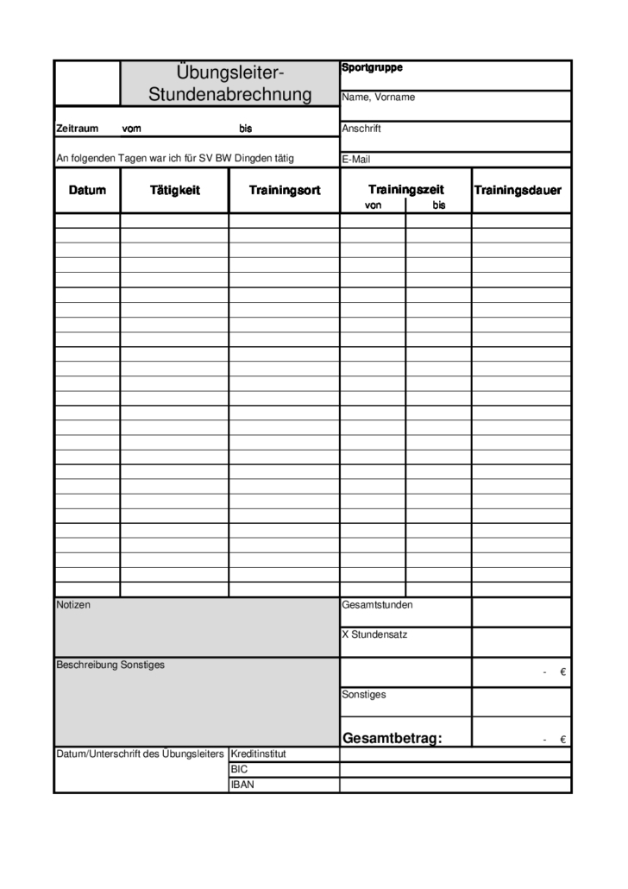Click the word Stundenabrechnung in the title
click(229, 94)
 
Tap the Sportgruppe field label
click(372, 67)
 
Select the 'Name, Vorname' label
click(378, 98)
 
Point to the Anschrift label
click(361, 129)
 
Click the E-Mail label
click(356, 159)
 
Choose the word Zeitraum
click(78, 129)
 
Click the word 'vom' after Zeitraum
click(131, 129)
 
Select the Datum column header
click(87, 190)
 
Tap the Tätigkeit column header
click(174, 190)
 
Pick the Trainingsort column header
click(285, 190)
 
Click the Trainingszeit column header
click(405, 189)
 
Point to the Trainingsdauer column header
click(518, 190)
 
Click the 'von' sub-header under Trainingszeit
click(373, 205)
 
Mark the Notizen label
click(73, 605)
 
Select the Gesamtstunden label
click(377, 605)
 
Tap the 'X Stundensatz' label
click(374, 634)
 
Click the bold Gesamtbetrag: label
click(392, 738)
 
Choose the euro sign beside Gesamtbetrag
click(562, 740)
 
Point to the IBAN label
click(242, 785)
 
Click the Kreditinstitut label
click(258, 753)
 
